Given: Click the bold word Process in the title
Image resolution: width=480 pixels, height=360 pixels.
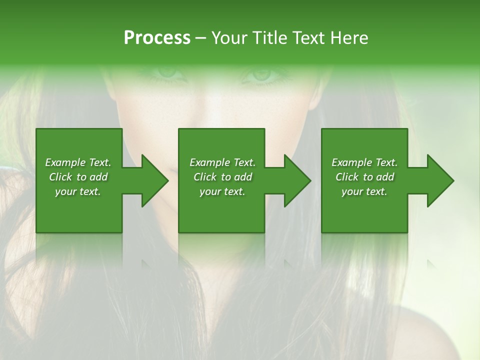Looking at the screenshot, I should (157, 37).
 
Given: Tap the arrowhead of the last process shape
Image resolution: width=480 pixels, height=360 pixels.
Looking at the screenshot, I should (439, 180).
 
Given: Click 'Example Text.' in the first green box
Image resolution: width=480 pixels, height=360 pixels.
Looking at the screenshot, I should (78, 162).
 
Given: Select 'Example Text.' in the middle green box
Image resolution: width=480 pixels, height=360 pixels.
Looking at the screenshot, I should (222, 162).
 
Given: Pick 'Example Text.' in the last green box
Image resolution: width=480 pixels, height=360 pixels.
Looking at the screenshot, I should (364, 162).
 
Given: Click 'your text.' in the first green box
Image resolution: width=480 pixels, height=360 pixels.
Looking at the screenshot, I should (78, 191).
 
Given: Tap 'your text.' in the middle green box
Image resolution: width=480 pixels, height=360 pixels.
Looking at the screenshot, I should (222, 191).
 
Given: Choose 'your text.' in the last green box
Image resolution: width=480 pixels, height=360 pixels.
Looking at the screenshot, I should (364, 191).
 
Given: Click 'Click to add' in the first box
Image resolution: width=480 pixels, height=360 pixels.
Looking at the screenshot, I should (78, 177).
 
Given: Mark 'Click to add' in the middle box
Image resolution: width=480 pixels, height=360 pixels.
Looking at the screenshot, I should (222, 177).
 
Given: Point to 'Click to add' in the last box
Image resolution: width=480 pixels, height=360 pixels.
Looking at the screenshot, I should (364, 177).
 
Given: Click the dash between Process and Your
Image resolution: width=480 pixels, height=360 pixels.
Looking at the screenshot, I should (200, 38).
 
